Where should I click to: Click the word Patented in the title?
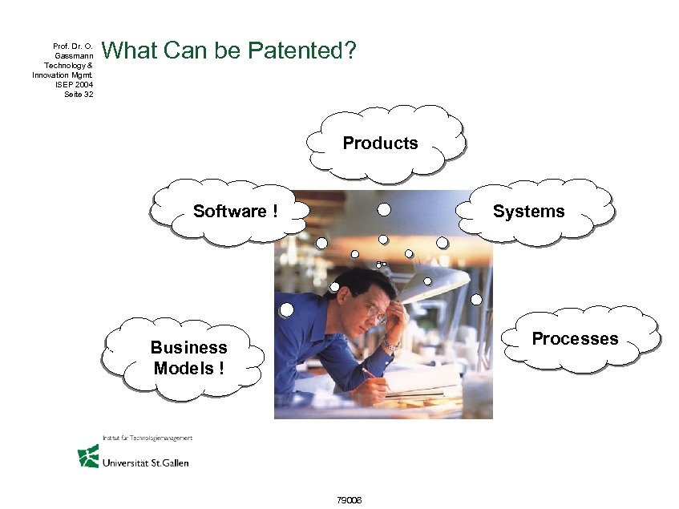click(x=301, y=51)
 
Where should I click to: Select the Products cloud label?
click(x=380, y=143)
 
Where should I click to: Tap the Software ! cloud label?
click(x=235, y=212)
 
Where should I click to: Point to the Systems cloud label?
click(x=528, y=212)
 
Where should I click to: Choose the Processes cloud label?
click(x=575, y=339)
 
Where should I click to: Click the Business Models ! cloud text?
click(x=189, y=358)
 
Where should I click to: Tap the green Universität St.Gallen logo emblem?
click(x=88, y=457)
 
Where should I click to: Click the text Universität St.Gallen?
click(x=145, y=463)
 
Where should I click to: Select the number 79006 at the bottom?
click(x=350, y=500)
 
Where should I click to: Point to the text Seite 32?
click(x=78, y=94)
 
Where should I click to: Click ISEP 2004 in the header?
click(x=78, y=84)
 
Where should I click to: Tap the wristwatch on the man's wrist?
click(x=390, y=344)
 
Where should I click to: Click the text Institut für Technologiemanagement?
click(x=147, y=438)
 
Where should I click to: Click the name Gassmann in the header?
click(x=75, y=55)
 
